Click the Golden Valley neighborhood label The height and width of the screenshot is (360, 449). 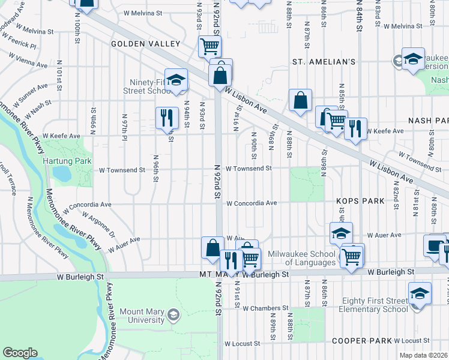[145, 44]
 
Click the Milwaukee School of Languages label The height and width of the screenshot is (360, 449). [301, 258]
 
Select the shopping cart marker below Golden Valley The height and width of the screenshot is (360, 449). [209, 46]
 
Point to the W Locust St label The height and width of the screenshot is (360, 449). [243, 344]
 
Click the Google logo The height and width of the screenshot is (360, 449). [20, 353]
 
